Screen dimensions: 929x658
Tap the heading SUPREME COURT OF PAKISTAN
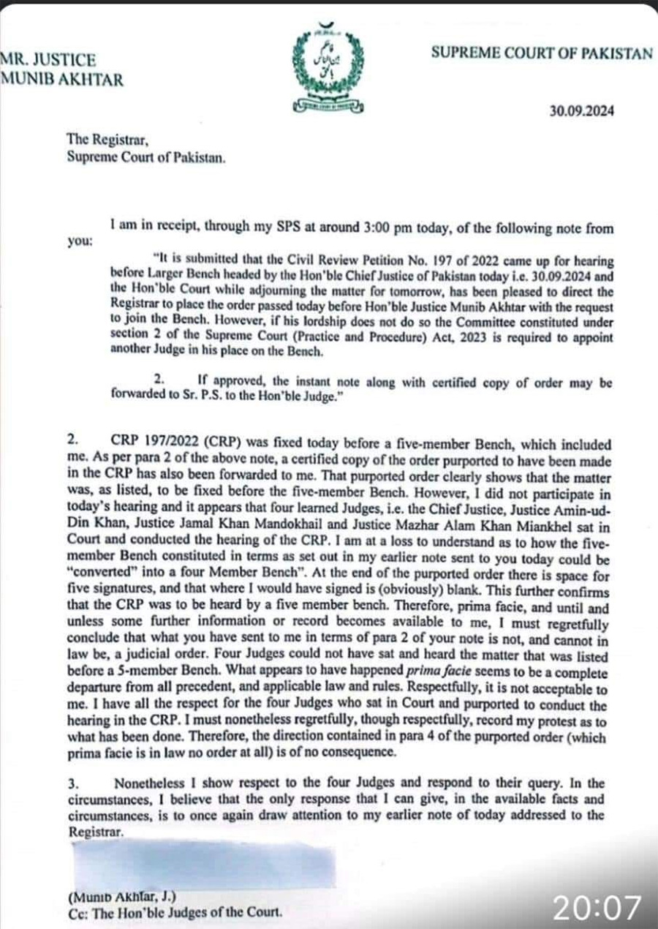[541, 53]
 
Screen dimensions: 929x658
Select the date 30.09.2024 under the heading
[582, 112]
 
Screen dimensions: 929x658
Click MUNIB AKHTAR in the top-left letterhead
[63, 80]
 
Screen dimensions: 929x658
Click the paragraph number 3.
[72, 782]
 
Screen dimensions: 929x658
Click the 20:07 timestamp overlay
[597, 907]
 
